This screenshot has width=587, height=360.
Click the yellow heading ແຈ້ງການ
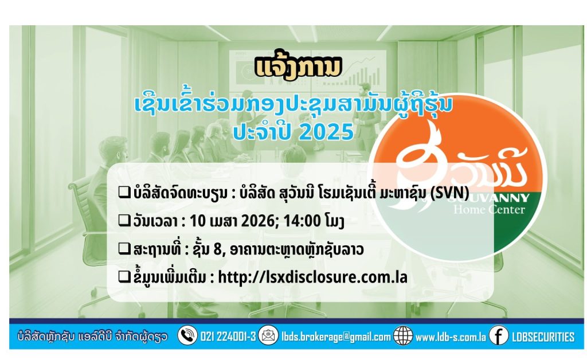pyautogui.click(x=298, y=68)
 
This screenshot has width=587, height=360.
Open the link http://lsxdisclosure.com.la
pyautogui.click(x=312, y=277)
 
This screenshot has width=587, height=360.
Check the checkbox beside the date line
pyautogui.click(x=124, y=221)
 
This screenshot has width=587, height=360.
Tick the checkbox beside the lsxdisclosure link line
pyautogui.click(x=124, y=277)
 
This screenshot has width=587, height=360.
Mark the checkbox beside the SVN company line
pyautogui.click(x=124, y=193)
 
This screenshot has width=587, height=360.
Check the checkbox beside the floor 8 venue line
pyautogui.click(x=124, y=249)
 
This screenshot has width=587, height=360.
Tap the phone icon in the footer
pyautogui.click(x=187, y=335)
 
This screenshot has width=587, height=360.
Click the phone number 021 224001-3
pyautogui.click(x=228, y=336)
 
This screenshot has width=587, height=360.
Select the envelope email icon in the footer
pyautogui.click(x=268, y=335)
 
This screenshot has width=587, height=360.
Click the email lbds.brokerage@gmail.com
pyautogui.click(x=336, y=336)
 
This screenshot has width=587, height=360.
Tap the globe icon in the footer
pyautogui.click(x=403, y=335)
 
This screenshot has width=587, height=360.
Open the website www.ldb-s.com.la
pyautogui.click(x=451, y=337)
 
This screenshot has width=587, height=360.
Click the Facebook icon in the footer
pyautogui.click(x=499, y=335)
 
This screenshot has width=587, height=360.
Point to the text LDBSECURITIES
pyautogui.click(x=543, y=336)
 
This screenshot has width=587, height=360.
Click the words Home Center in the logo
pyautogui.click(x=490, y=209)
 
